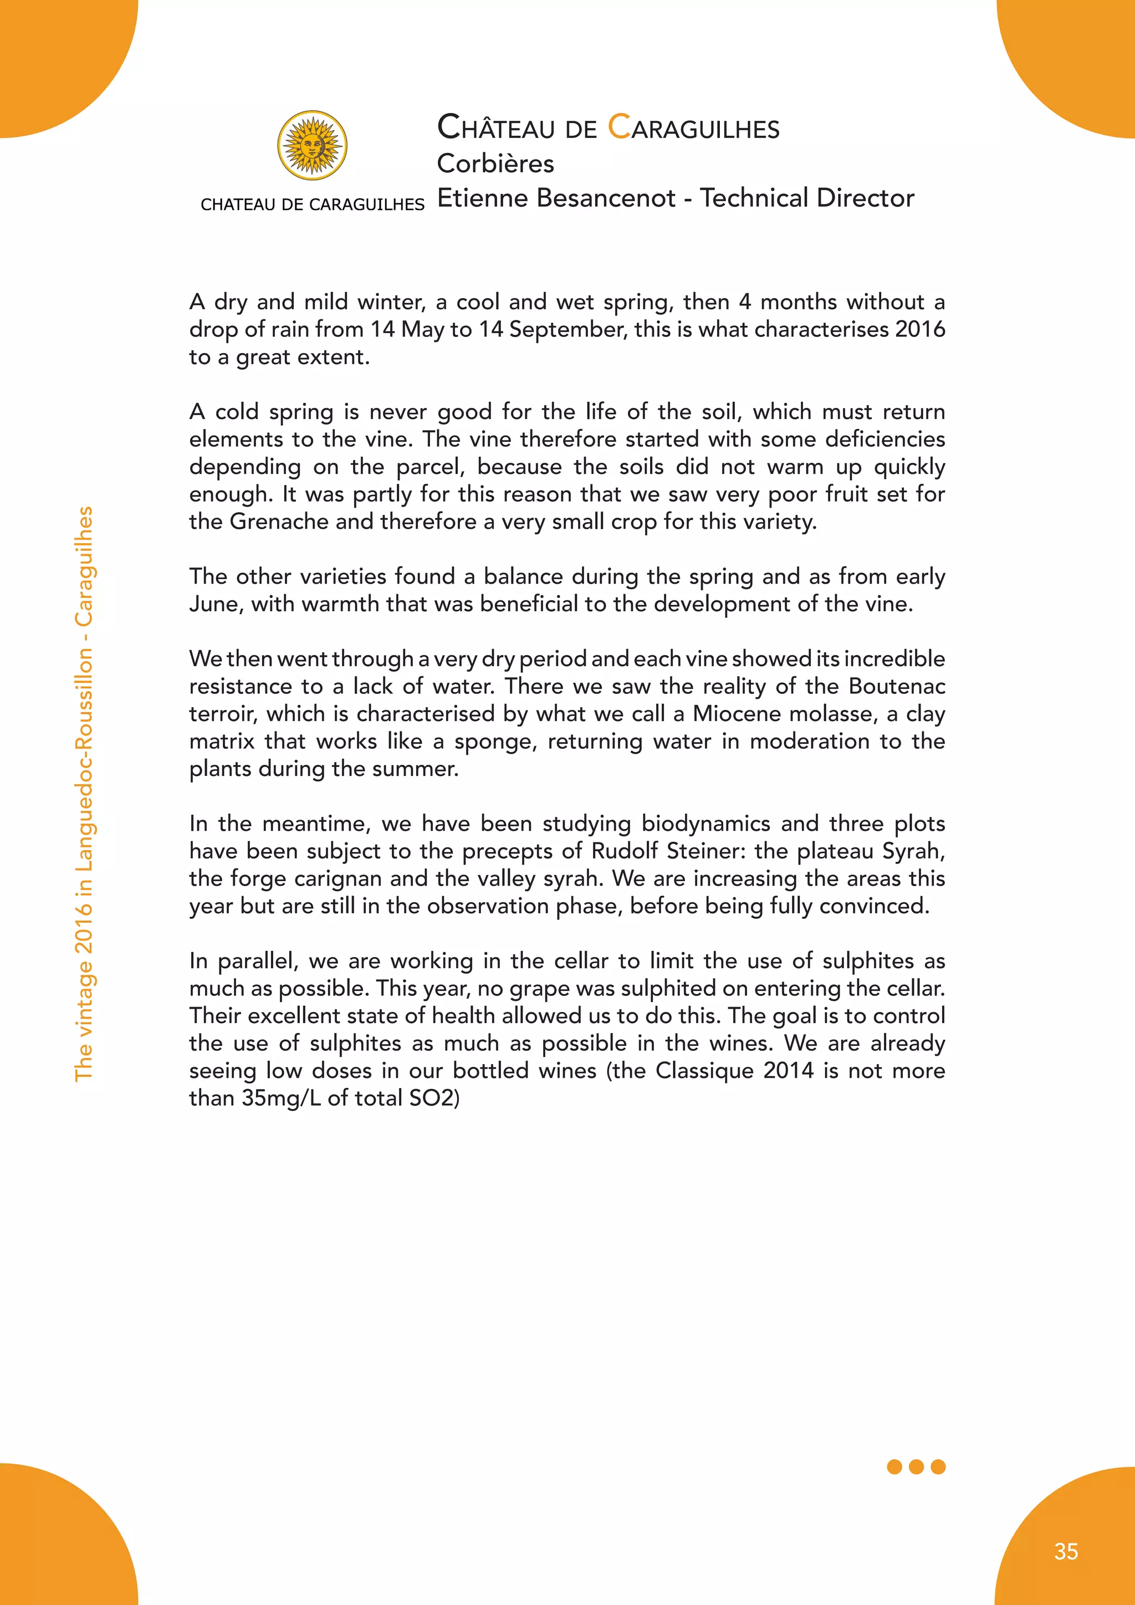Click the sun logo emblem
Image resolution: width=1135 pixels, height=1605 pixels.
tap(313, 145)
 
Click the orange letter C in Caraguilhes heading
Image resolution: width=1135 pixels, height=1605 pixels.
tap(618, 127)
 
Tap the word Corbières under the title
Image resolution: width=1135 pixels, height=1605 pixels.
tap(495, 163)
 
